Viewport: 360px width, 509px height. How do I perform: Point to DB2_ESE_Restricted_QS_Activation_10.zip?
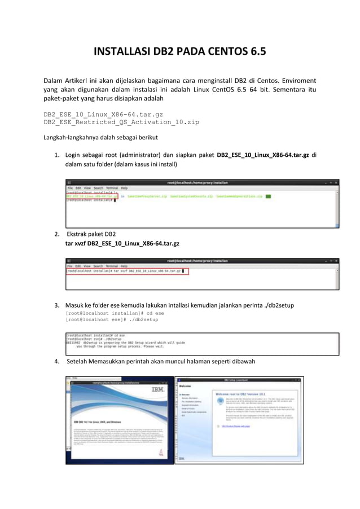[x=121, y=122]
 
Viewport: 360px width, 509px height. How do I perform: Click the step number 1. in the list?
[x=57, y=155]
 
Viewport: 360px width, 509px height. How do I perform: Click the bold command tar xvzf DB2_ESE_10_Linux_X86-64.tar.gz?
[x=122, y=243]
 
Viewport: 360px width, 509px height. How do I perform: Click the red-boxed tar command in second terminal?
[x=127, y=271]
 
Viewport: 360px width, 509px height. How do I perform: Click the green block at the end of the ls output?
[x=268, y=197]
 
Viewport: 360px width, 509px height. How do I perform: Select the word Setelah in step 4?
[x=80, y=361]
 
